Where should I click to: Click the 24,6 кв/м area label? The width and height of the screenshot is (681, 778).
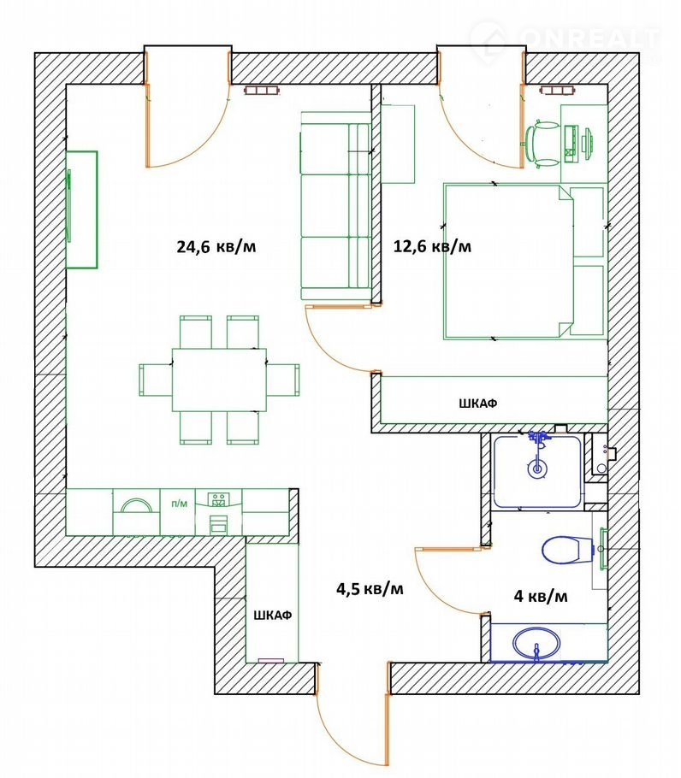tap(216, 246)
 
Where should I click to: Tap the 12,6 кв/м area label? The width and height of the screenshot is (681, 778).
tap(432, 246)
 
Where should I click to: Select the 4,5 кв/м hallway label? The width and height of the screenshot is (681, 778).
tap(370, 588)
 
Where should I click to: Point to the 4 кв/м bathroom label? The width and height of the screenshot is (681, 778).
tap(541, 595)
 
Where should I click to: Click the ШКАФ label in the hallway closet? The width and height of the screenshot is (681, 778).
tap(273, 616)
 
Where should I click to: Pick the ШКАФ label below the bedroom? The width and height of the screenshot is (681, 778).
tap(477, 404)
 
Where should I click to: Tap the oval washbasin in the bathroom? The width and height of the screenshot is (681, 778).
tap(536, 644)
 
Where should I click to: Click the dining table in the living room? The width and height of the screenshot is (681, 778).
tap(219, 380)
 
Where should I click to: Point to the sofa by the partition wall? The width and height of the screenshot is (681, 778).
tap(335, 206)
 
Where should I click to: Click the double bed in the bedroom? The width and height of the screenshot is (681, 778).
tap(510, 262)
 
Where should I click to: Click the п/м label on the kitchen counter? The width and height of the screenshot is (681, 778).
tap(179, 504)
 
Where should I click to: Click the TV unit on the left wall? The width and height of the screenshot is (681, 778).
tap(82, 209)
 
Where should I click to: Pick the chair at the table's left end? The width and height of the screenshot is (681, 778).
tap(156, 380)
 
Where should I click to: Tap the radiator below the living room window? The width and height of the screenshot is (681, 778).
tap(262, 90)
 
